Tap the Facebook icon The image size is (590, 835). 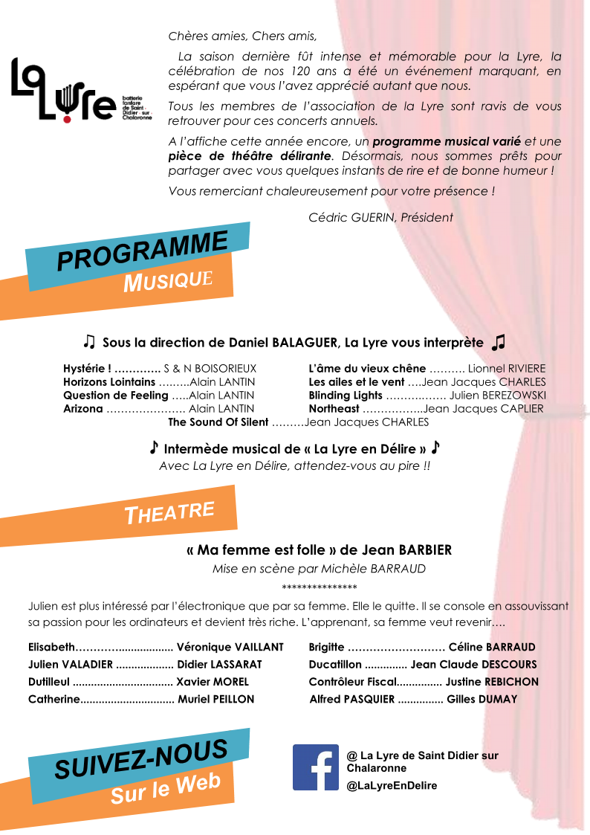(x=316, y=767)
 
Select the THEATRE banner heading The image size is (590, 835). (x=169, y=512)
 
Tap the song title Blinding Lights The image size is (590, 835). (x=345, y=396)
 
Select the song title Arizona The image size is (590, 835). (x=82, y=409)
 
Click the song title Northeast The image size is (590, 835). (x=334, y=409)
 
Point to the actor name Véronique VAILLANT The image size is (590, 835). (x=230, y=647)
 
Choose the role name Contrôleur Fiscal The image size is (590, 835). (x=353, y=682)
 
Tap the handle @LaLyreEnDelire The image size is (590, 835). (x=392, y=786)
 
